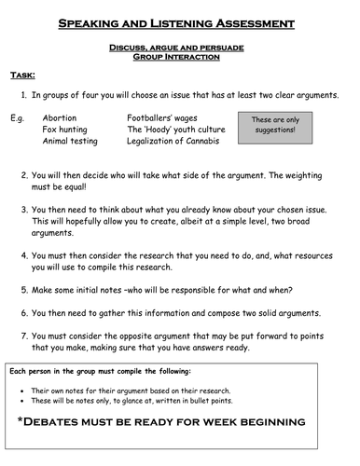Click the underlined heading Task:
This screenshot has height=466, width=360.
click(x=23, y=75)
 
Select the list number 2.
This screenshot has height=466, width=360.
click(x=22, y=174)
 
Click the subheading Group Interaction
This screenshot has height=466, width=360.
click(x=180, y=57)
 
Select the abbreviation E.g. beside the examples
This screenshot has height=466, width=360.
click(x=18, y=118)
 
